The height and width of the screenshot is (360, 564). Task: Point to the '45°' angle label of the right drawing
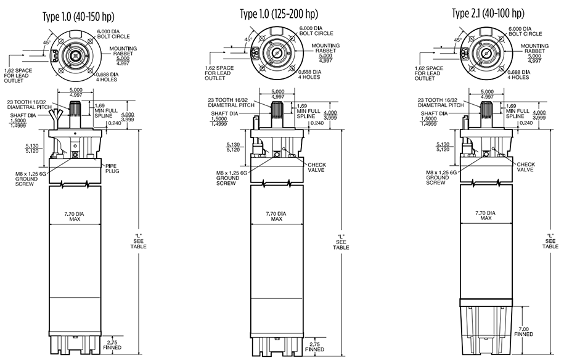point(457,40)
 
